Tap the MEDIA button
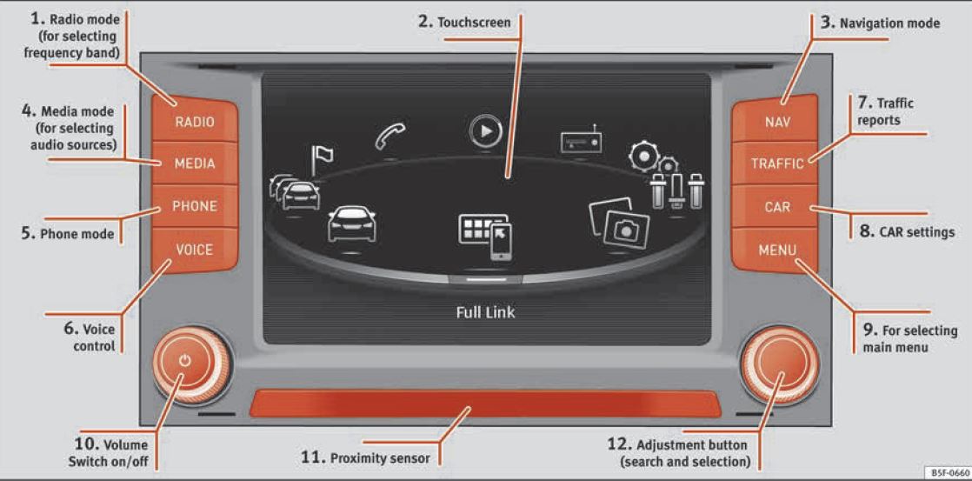pyautogui.click(x=194, y=164)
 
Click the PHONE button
pyautogui.click(x=194, y=207)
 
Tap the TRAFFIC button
pyautogui.click(x=776, y=164)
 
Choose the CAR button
pyautogui.click(x=776, y=207)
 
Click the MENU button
pyautogui.click(x=776, y=251)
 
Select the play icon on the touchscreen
pyautogui.click(x=484, y=130)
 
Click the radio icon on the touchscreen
pyautogui.click(x=581, y=139)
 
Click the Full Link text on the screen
pyautogui.click(x=485, y=311)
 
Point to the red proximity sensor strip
pyautogui.click(x=485, y=404)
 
